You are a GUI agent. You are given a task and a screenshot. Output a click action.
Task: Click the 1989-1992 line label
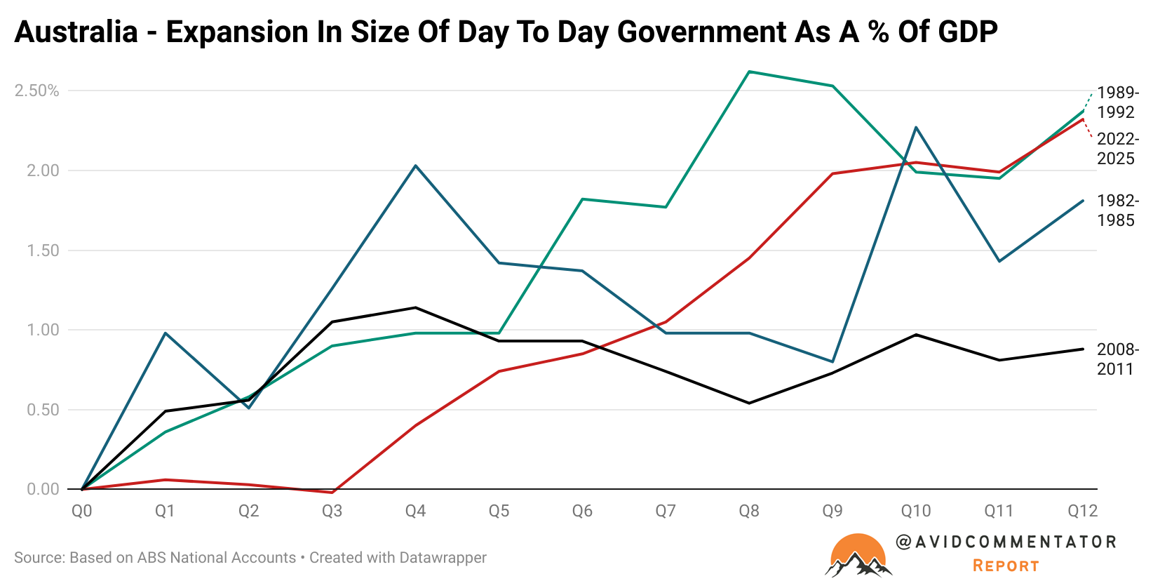[x=1117, y=102]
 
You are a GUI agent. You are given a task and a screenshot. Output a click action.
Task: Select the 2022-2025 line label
[x=1117, y=149]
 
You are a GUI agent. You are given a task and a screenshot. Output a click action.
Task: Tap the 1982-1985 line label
[x=1117, y=211]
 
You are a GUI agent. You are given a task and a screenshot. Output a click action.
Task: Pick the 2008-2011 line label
[x=1117, y=359]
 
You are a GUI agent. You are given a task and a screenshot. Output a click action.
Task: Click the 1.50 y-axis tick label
[x=43, y=251]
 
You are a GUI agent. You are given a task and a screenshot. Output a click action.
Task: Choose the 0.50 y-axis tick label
[x=43, y=410]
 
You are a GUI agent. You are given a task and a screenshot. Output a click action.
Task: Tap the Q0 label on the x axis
[x=82, y=511]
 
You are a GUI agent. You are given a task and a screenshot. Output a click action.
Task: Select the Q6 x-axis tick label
[x=582, y=511]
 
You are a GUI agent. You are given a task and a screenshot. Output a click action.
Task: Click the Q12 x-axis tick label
[x=1082, y=511]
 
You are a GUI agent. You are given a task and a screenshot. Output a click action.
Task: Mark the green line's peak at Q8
[x=749, y=72]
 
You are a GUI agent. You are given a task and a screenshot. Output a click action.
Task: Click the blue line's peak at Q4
[x=416, y=166]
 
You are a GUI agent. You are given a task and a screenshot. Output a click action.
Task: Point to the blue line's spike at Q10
[x=916, y=128]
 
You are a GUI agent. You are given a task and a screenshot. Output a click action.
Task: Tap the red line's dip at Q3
[x=332, y=493]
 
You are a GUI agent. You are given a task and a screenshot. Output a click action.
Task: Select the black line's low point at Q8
[x=749, y=403]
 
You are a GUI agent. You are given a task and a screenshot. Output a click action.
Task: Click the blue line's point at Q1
[x=166, y=333]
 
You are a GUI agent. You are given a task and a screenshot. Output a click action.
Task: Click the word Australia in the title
[x=76, y=32]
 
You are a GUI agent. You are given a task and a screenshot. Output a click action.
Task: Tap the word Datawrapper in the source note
[x=443, y=558]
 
